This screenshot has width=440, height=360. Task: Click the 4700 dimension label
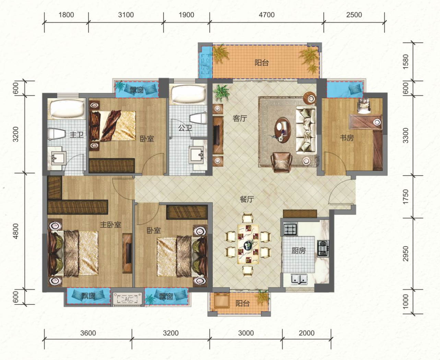tap(266, 15)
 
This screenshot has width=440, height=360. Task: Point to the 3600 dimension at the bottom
tap(88, 333)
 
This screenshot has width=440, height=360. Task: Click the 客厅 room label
tap(240, 119)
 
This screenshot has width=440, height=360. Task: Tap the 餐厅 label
tap(247, 200)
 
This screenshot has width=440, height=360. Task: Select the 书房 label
tap(347, 138)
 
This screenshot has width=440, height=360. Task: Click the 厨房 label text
tap(299, 251)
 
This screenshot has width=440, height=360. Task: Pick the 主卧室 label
tap(110, 225)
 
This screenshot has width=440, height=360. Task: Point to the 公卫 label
tap(185, 128)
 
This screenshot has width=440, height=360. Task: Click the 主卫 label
tap(76, 135)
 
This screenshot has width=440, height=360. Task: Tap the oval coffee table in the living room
tap(283, 130)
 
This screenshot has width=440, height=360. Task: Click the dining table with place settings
tap(248, 244)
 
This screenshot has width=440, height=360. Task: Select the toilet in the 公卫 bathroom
tap(198, 119)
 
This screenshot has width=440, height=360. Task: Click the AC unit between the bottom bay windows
tap(127, 300)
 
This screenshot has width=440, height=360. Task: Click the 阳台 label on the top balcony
tap(262, 63)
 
